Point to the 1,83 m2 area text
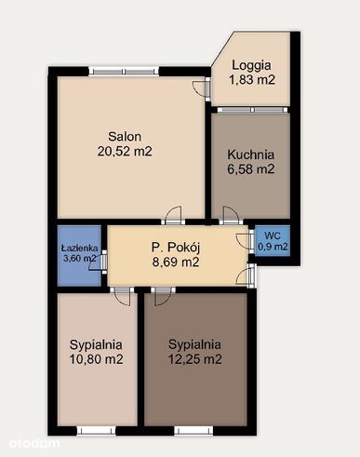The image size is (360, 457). [252, 80]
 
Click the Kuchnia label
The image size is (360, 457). [252, 155]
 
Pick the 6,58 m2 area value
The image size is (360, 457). [252, 169]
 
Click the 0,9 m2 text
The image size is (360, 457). [273, 248]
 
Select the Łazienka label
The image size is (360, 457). [78, 249]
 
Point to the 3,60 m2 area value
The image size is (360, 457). [78, 260]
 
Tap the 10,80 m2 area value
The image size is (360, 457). [97, 359]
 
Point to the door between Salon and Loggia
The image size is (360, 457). [203, 89]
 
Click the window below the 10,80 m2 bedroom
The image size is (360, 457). [97, 429]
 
